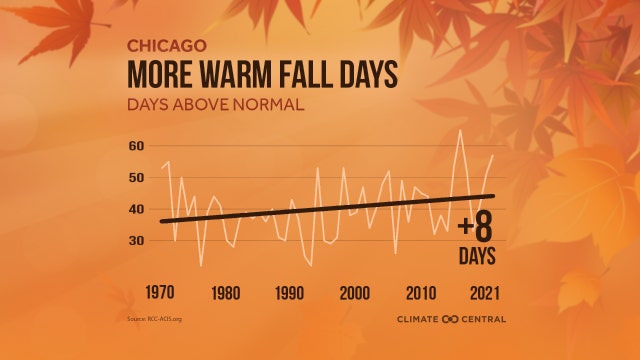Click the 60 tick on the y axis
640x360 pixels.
136,146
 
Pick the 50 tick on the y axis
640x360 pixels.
136,178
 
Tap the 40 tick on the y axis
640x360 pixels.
136,210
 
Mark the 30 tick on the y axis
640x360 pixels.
136,241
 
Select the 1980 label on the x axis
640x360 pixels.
226,294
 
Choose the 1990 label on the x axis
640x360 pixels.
289,294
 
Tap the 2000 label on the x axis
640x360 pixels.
355,294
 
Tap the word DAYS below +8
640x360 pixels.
477,256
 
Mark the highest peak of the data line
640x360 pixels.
460,131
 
